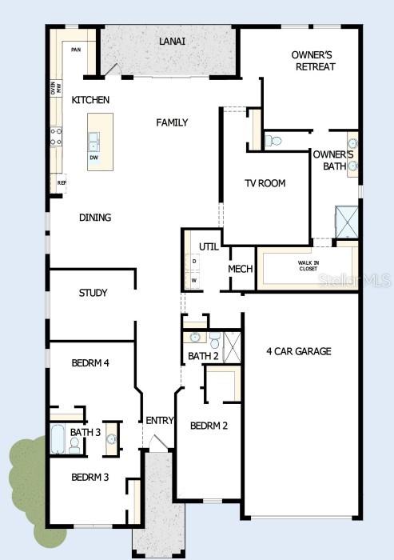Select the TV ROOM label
click(265, 183)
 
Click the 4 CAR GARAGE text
click(299, 351)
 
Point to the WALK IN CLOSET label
click(308, 266)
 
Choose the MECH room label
click(241, 270)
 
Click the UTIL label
click(209, 246)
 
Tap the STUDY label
click(93, 293)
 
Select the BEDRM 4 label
click(90, 362)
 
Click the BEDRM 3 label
click(90, 478)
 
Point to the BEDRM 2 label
click(209, 426)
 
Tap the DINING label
click(95, 218)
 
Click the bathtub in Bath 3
click(58, 439)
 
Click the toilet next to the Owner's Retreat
click(274, 141)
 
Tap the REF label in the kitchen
click(62, 182)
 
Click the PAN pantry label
click(76, 50)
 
